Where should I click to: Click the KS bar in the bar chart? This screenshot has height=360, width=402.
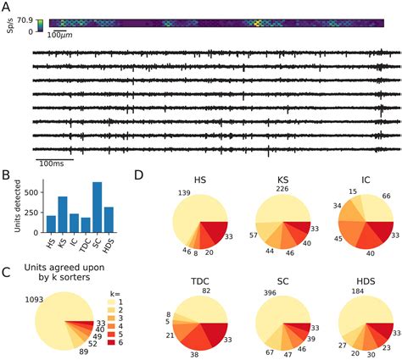[x=63, y=213]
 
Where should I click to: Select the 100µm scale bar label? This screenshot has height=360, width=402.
[x=59, y=36]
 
